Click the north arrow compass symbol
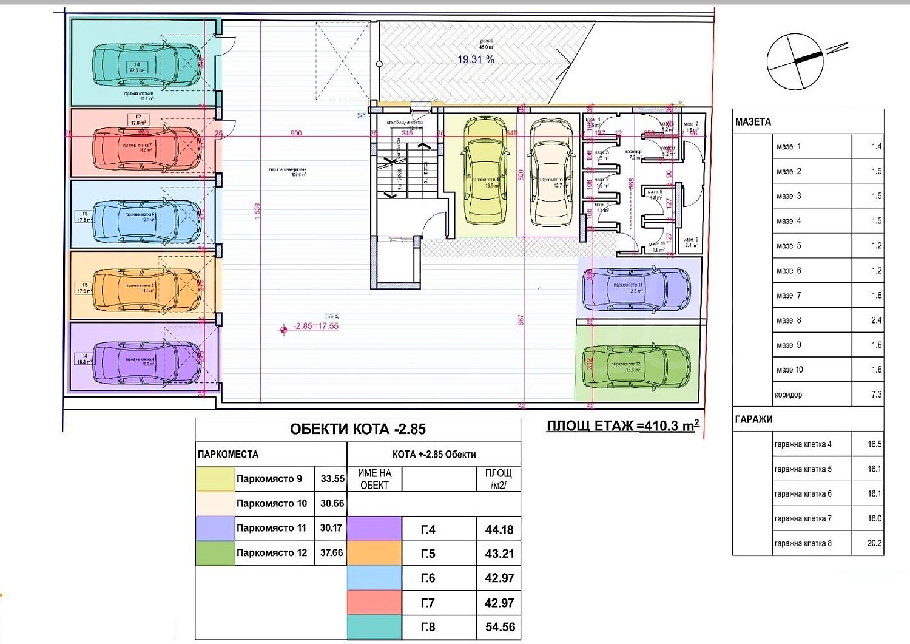pos(795,61)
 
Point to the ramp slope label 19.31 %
pos(476,59)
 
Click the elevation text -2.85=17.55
pos(315,326)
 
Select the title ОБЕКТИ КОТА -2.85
pos(358,429)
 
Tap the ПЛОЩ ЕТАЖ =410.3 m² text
pos(622,425)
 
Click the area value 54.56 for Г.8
pos(500,627)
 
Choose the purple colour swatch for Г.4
pos(374,529)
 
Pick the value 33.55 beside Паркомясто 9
pos(332,478)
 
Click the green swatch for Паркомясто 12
pos(215,553)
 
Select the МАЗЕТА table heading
pos(753,122)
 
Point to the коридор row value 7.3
pos(876,395)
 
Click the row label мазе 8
pos(789,320)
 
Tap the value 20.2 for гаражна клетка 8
pos(874,543)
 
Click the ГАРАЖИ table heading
pos(753,419)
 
